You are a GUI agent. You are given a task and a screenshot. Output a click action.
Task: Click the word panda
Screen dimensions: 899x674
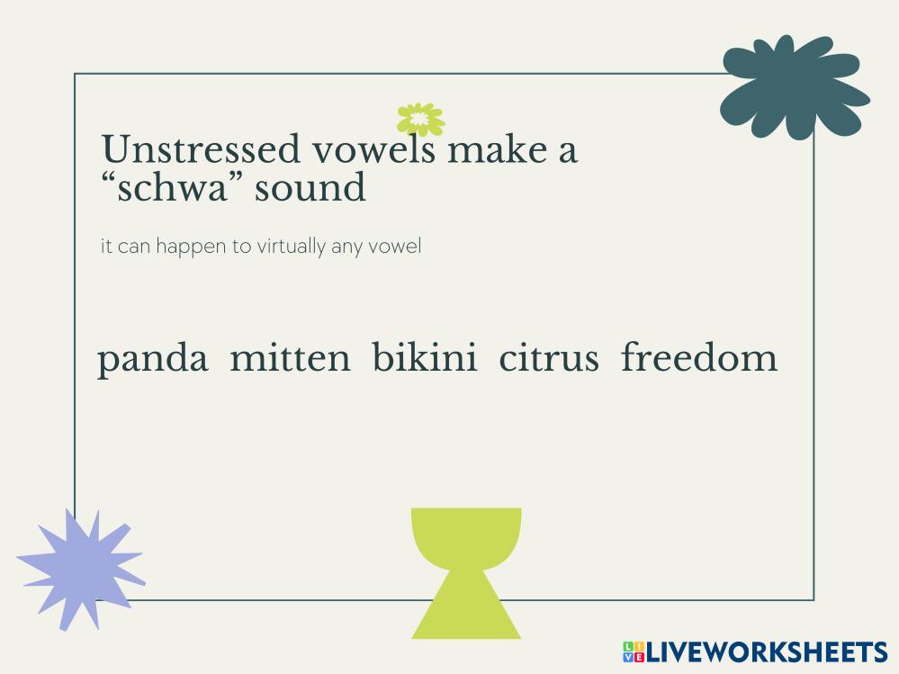tap(152, 359)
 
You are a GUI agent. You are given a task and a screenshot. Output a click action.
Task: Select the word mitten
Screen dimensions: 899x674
tap(290, 357)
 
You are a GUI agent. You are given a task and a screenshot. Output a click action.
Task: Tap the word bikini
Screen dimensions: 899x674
tap(424, 356)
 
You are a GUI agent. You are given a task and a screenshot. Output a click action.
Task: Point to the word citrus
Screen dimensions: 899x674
tap(549, 357)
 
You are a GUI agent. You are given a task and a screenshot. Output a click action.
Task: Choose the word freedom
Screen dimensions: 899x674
tap(699, 356)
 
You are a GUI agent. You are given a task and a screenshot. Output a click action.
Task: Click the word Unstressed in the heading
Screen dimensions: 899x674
tap(201, 149)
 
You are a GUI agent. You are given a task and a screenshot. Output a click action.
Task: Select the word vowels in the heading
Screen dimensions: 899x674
tap(373, 149)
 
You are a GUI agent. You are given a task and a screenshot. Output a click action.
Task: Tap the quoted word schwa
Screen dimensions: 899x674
tap(173, 187)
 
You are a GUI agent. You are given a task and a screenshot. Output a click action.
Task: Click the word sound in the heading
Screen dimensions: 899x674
tap(310, 187)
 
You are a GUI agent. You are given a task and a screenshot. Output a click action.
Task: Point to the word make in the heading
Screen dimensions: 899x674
tap(497, 149)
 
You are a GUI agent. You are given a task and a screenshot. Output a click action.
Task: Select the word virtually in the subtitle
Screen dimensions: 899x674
tap(291, 247)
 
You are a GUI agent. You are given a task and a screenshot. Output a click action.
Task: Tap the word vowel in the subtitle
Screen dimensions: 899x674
tap(395, 246)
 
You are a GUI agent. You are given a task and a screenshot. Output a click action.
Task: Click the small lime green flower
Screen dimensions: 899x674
tap(420, 119)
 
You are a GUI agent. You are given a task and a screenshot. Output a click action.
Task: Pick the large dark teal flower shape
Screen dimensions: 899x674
tap(794, 87)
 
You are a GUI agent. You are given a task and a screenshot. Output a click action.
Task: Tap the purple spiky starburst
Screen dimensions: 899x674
tap(81, 569)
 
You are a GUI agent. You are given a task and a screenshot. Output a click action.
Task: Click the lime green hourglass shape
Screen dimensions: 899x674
tap(466, 573)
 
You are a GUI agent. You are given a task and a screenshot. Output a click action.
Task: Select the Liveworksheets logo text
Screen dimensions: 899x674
tap(767, 652)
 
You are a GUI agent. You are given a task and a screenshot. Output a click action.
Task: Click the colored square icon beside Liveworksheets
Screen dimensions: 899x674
tap(634, 652)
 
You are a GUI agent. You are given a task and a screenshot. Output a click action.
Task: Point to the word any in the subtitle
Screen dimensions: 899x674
tap(346, 248)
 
